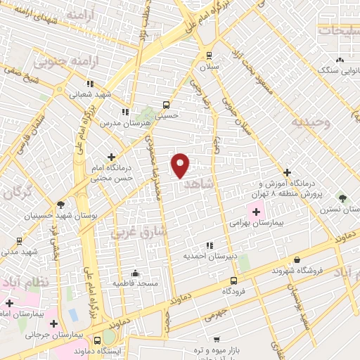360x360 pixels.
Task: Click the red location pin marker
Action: pos(180,165)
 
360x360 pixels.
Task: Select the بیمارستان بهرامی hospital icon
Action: pos(256,212)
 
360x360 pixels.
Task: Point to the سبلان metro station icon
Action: pos(209,55)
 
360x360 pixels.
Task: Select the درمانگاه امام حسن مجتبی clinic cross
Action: pos(111,157)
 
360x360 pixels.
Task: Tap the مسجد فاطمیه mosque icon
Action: pos(135,273)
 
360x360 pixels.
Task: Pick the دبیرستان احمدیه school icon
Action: pos(209,245)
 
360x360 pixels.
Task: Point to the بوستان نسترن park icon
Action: pos(342,199)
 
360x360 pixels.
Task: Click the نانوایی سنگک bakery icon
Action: pos(340,60)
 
